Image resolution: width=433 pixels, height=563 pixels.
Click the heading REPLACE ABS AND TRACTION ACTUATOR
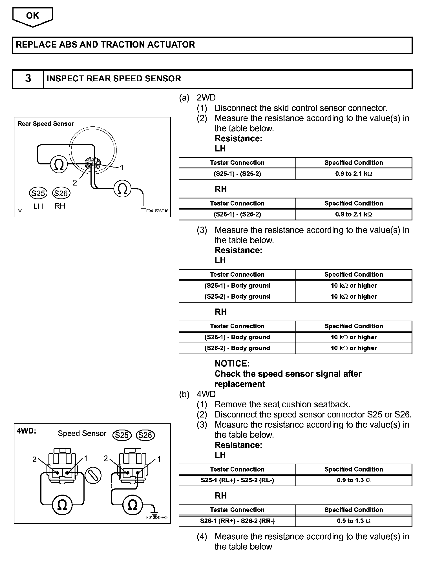pos(105,45)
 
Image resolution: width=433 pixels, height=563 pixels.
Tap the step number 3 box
pos(28,79)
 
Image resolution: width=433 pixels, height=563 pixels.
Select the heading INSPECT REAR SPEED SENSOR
pos(114,79)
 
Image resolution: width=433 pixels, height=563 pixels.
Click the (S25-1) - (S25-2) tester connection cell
pos(237,174)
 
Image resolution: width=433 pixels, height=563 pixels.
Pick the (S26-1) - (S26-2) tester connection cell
pos(237,215)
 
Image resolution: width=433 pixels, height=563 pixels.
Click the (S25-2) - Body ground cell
pos(237,297)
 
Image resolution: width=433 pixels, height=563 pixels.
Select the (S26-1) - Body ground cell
pos(237,337)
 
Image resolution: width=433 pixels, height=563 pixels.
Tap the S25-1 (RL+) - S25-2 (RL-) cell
pos(237,481)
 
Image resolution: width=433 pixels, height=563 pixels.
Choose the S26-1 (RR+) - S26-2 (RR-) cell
pos(237,521)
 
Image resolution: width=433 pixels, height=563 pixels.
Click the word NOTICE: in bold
pos(232,364)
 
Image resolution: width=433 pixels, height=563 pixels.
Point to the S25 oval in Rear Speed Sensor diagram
pos(38,193)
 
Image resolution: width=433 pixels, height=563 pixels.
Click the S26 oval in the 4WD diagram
pos(145,435)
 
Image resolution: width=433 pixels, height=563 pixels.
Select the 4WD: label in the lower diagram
pos(26,432)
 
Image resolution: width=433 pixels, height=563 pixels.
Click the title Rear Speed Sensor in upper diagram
pos(46,124)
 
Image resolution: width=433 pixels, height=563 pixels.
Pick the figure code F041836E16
pos(157,211)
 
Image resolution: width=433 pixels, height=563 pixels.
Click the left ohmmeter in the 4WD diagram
pos(62,506)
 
